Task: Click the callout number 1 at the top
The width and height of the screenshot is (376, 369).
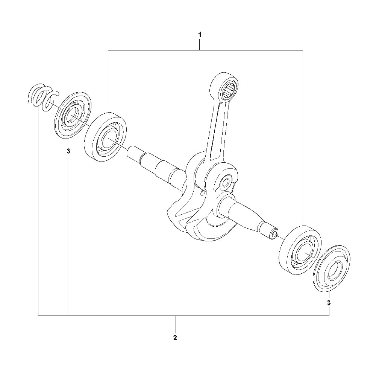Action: [x=200, y=35]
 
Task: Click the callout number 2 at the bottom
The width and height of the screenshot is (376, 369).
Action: [x=175, y=337]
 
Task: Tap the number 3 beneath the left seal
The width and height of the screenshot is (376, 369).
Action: [x=68, y=151]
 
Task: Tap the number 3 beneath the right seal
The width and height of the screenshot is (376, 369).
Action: [x=329, y=303]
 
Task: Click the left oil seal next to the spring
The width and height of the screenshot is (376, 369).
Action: [x=73, y=115]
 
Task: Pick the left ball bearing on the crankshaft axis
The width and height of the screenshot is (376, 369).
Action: [x=106, y=137]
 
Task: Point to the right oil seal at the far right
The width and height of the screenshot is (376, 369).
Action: [x=332, y=268]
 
